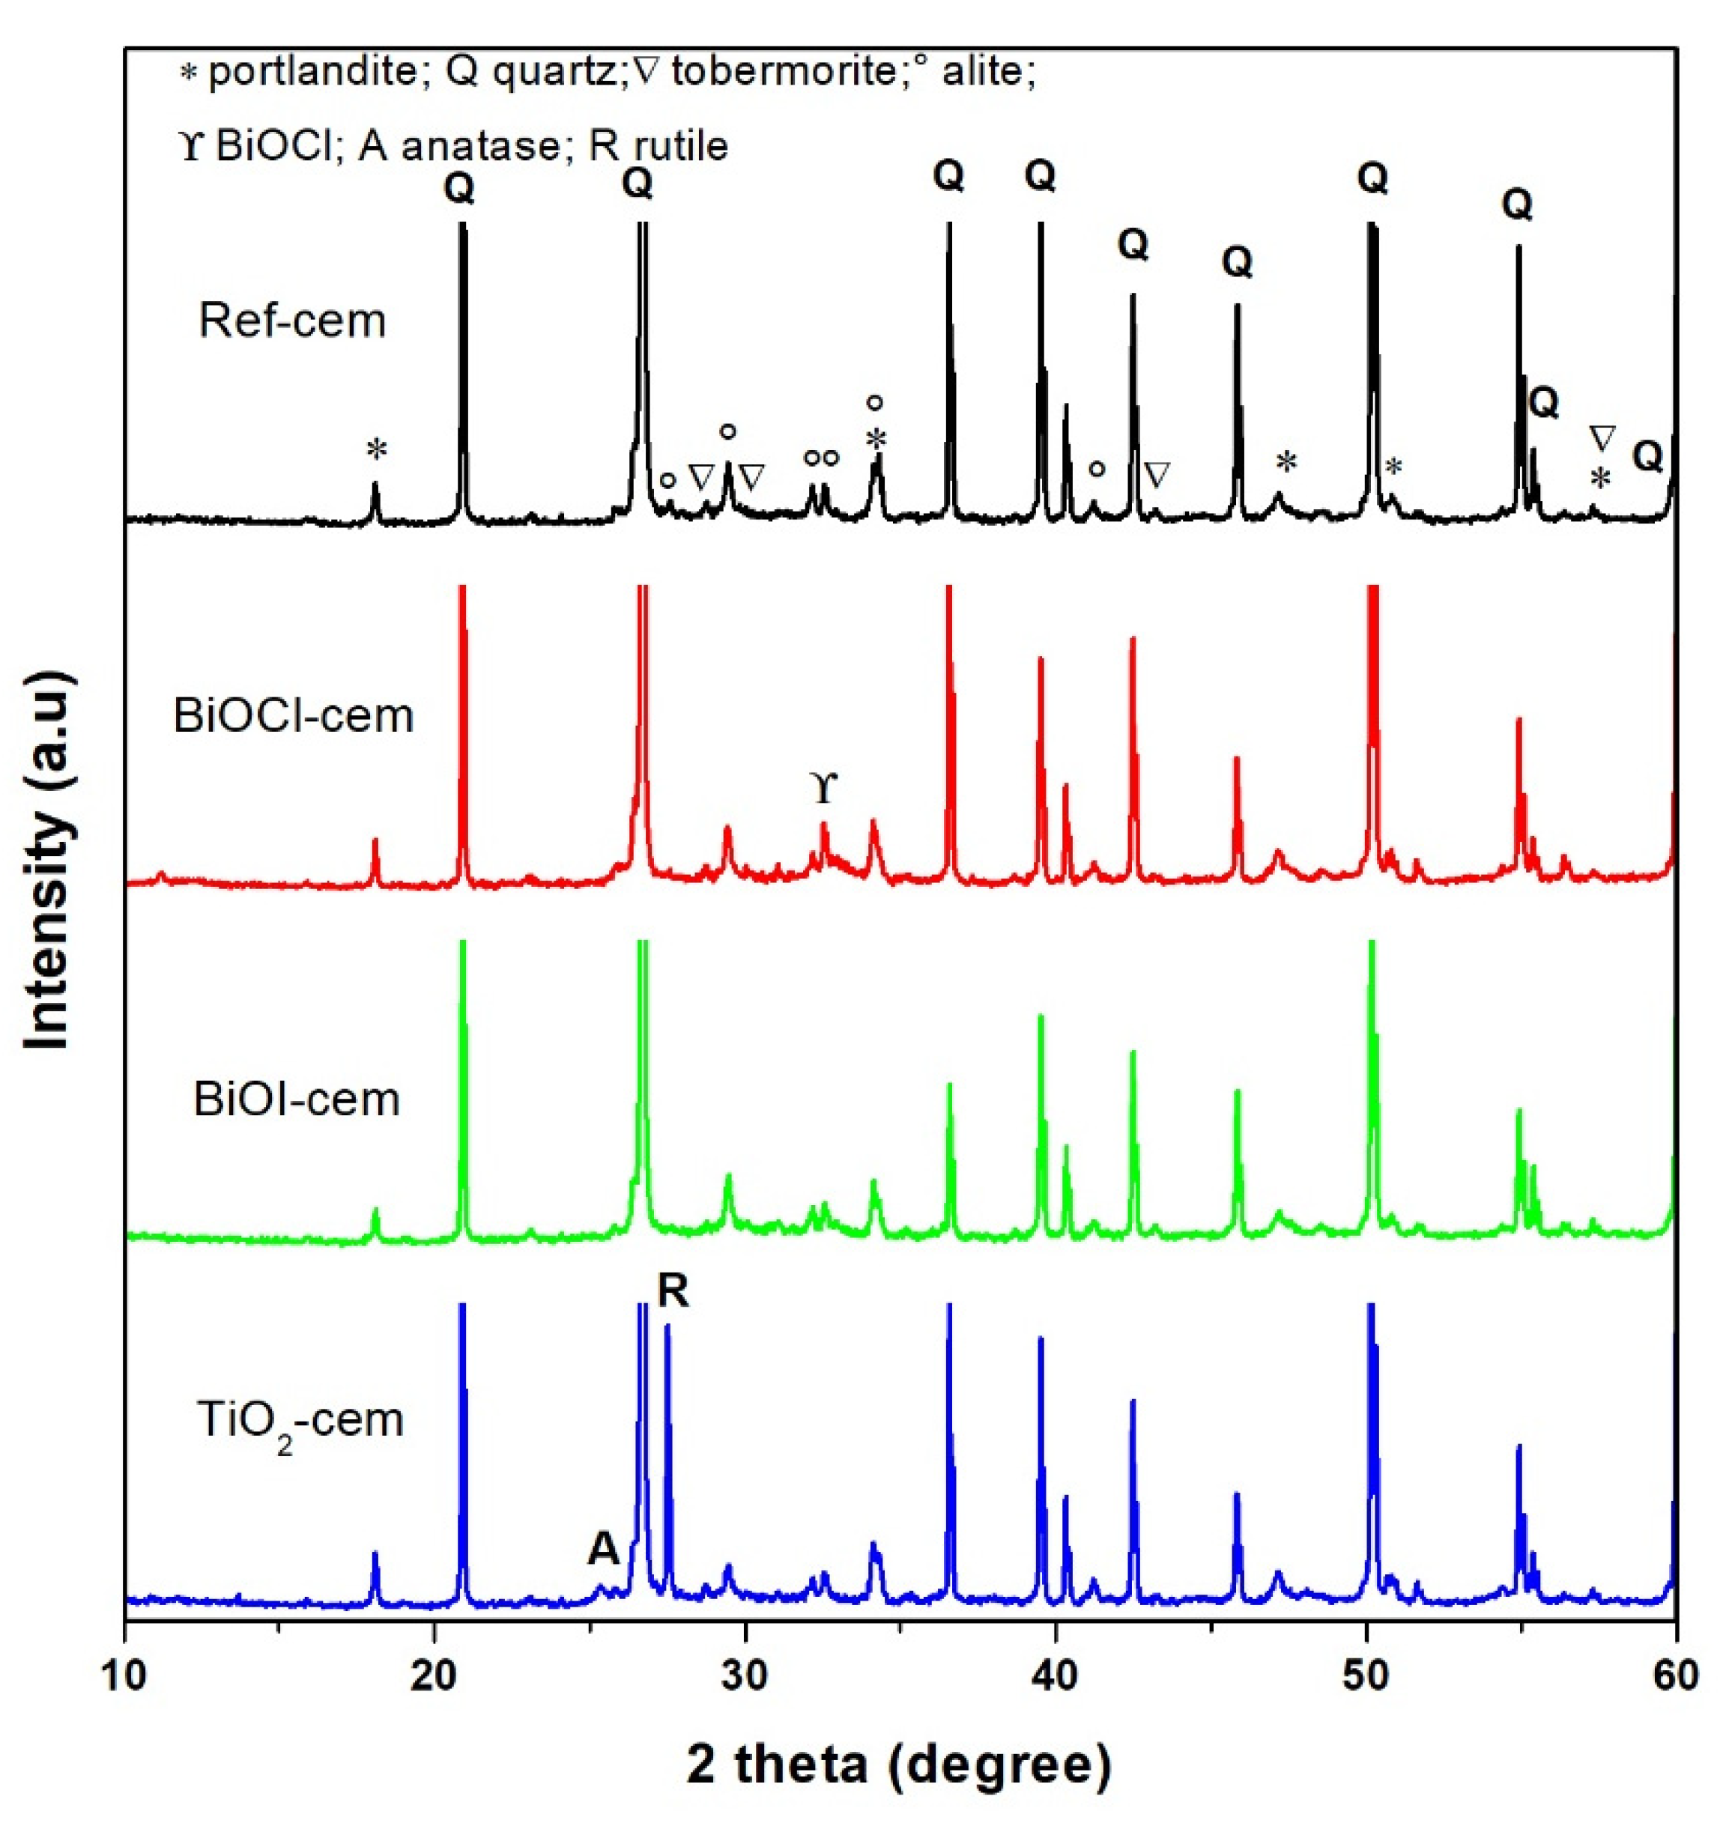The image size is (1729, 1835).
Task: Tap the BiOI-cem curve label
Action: [x=297, y=1100]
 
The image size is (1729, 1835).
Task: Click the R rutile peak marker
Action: [x=673, y=1291]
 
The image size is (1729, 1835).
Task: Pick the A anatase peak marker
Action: [x=603, y=1548]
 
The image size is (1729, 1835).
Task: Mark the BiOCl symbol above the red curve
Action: [x=823, y=790]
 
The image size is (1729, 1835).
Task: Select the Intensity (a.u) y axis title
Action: [x=48, y=861]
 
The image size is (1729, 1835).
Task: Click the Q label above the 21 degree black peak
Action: [x=458, y=188]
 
